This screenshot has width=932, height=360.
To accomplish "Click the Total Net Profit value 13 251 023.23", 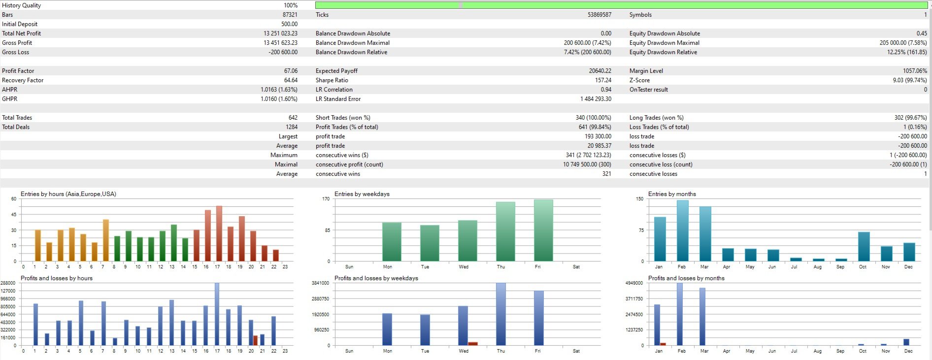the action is [x=280, y=33].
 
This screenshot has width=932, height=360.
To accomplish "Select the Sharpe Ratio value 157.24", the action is [x=603, y=80].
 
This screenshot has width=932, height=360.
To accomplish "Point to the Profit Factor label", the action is [x=18, y=71].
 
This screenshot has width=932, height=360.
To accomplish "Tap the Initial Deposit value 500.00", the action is [x=289, y=24].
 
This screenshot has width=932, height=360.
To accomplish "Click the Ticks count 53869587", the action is [x=599, y=15].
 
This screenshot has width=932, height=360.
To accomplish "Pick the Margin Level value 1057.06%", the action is [x=915, y=71].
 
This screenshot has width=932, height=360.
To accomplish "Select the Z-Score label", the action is [x=639, y=80].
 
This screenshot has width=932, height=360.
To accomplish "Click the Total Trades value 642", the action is [x=293, y=118].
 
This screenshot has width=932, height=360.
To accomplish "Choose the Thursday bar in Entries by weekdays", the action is [x=505, y=231].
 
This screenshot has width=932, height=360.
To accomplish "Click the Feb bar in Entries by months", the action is [x=682, y=230].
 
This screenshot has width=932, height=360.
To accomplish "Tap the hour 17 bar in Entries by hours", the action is [x=219, y=233].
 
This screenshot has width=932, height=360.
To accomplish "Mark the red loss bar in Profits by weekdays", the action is [x=473, y=344].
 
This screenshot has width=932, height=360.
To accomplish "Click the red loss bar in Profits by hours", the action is [x=256, y=340].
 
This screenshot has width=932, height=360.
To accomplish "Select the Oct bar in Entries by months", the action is [x=864, y=246].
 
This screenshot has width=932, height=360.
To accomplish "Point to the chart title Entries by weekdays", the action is [x=362, y=194].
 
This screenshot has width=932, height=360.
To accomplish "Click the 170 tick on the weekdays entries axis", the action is [x=326, y=199].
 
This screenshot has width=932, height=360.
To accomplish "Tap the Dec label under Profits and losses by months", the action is [x=908, y=351].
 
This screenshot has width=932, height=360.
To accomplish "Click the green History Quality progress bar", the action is [x=621, y=5].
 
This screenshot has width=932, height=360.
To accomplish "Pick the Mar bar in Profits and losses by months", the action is [x=702, y=317].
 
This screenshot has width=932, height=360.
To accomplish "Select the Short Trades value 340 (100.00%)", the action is [x=593, y=118].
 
